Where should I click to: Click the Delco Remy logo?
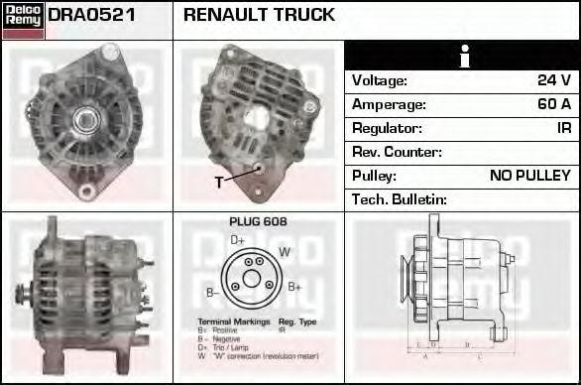click(x=23, y=20)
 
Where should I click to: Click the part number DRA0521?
click(x=91, y=16)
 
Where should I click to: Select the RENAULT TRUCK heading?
click(x=259, y=16)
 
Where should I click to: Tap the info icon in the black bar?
click(x=463, y=57)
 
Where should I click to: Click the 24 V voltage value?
click(x=552, y=80)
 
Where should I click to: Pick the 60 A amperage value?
click(x=552, y=104)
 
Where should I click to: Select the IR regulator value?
click(x=562, y=128)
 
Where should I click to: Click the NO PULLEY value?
click(x=530, y=176)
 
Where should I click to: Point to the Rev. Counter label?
click(x=397, y=152)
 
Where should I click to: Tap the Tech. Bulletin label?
click(x=400, y=199)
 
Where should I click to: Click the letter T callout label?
click(x=219, y=183)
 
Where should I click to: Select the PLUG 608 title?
click(x=258, y=222)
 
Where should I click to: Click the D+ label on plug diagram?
click(x=238, y=240)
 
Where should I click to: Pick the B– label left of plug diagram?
click(x=212, y=292)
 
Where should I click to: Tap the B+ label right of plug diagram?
click(x=294, y=287)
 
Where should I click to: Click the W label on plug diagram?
click(x=285, y=252)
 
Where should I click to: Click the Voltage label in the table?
click(x=380, y=80)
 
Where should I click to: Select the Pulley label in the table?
click(x=374, y=176)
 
